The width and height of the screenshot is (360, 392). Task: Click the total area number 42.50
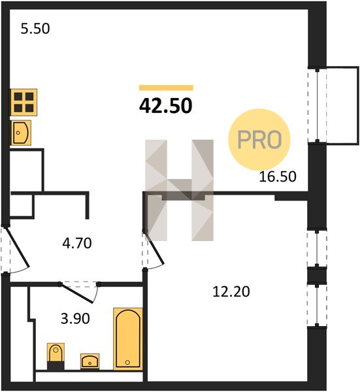(166, 105)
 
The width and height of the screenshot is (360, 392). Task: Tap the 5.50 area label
(35, 29)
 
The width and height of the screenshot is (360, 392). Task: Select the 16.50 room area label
(278, 176)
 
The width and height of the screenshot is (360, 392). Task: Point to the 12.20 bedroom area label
(231, 291)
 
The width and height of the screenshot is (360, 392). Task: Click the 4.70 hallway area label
(77, 243)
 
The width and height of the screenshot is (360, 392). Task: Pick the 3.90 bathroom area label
(75, 319)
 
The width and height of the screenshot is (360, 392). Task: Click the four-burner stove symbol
(24, 103)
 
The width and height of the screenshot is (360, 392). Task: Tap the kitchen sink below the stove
(21, 133)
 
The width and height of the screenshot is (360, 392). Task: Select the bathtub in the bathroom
(128, 338)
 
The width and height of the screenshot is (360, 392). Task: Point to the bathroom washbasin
(90, 361)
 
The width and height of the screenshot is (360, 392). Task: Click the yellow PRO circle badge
(259, 140)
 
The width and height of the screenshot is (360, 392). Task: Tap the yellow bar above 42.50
(166, 88)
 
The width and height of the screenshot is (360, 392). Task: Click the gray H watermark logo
(179, 190)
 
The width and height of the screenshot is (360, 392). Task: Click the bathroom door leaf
(77, 293)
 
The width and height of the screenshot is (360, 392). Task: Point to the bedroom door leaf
(154, 248)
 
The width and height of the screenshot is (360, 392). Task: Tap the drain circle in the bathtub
(127, 362)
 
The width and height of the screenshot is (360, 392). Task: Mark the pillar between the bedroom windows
(317, 276)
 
